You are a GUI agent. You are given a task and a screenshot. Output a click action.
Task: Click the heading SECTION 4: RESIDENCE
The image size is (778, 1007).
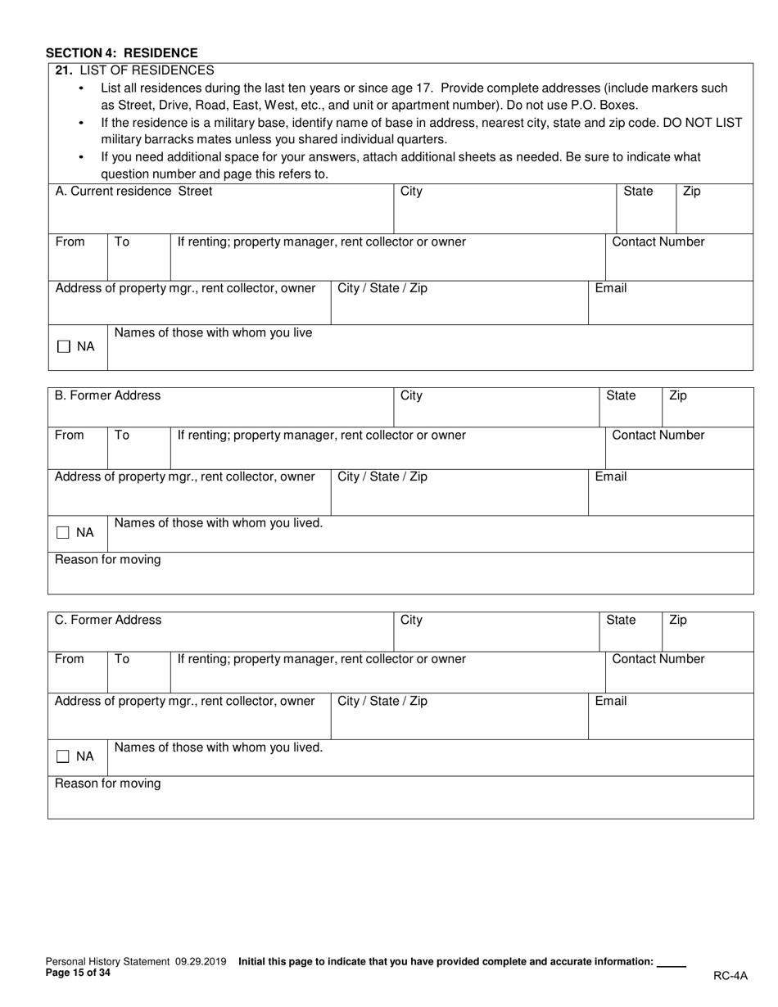pos(121,53)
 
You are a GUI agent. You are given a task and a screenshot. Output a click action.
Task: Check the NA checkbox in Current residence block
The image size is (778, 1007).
pos(64,347)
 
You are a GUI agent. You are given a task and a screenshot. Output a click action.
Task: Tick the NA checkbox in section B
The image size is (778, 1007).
pos(63,533)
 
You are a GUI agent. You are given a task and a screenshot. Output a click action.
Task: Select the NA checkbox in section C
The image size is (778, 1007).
pos(63,757)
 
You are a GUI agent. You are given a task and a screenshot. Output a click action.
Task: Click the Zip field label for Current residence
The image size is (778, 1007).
pos(692,192)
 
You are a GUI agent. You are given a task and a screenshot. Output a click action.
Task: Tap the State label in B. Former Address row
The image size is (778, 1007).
pos(620,396)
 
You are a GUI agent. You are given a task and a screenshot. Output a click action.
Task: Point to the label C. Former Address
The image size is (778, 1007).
pos(108,621)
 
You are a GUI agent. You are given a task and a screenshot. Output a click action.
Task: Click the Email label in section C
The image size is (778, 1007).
pos(611,702)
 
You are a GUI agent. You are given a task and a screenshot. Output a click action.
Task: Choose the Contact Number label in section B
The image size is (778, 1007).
pos(658,436)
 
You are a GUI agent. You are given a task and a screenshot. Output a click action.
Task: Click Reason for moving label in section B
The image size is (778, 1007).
pos(108,560)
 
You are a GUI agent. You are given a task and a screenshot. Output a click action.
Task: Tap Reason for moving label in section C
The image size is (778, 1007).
pos(108,784)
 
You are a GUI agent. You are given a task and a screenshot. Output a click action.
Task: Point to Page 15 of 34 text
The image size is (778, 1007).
pos(78,973)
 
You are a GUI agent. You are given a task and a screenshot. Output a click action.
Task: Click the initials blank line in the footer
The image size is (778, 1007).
pos(672,964)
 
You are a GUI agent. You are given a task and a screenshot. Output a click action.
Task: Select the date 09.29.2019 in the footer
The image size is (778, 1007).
pos(201,963)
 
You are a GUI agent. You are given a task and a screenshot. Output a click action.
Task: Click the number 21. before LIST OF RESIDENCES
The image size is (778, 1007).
pos(65,70)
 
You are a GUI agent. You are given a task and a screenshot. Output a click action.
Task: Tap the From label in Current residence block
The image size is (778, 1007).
pos(70,242)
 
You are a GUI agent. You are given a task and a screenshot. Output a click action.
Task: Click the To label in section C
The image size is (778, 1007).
pos(122,659)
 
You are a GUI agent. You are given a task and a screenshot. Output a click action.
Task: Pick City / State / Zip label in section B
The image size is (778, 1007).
pos(382,477)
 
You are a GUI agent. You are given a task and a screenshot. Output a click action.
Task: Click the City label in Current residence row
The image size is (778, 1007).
pos(411,192)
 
